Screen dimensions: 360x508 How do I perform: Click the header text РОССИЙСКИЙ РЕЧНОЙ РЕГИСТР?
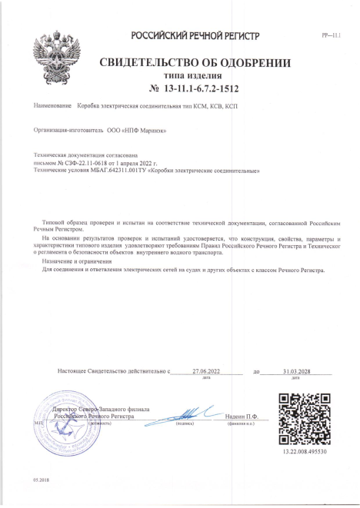click(195, 36)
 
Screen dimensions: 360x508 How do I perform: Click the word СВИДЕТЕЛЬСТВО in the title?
click(146, 62)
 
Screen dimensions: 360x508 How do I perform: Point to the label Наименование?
click(52, 105)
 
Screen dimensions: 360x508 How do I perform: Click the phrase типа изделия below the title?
click(195, 75)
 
